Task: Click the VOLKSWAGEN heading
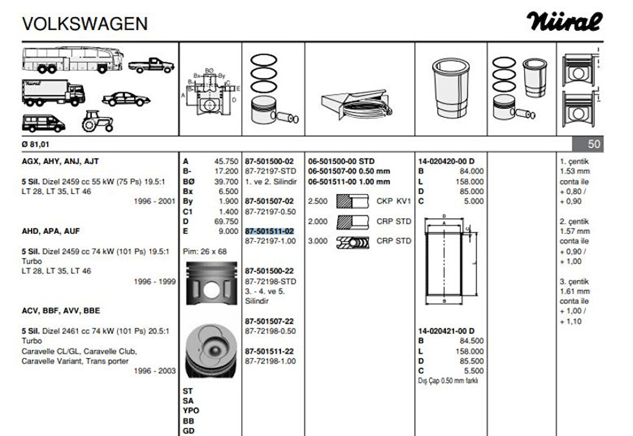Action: (85, 24)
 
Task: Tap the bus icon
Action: (73, 60)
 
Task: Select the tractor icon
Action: (98, 121)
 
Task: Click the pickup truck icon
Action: (151, 65)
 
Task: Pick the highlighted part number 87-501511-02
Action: (269, 231)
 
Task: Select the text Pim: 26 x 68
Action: (205, 251)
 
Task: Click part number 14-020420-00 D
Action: (446, 161)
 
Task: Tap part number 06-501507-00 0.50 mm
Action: (349, 171)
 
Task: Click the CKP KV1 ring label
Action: (393, 201)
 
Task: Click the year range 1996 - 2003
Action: (154, 371)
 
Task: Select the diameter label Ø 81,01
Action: (37, 144)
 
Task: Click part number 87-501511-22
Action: (269, 351)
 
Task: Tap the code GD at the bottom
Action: (188, 431)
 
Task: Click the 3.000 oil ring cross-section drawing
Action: (353, 242)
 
